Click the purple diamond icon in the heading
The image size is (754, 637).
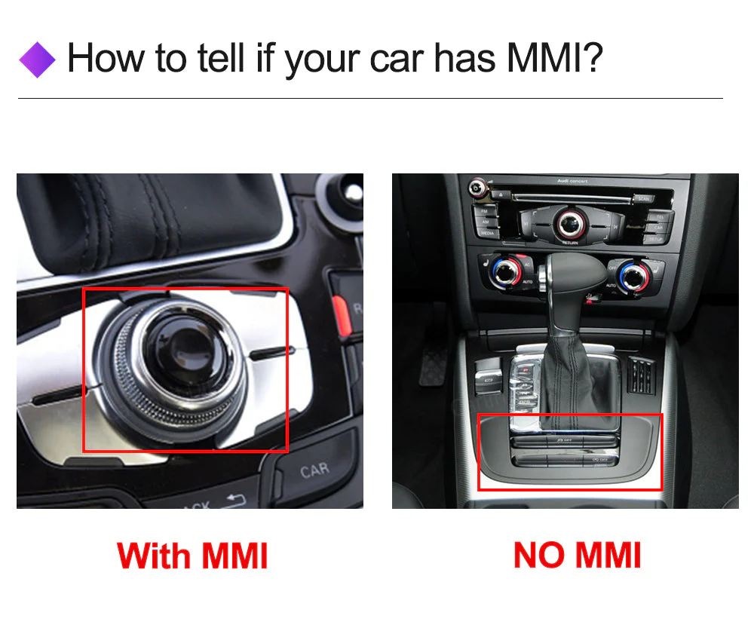coord(37,60)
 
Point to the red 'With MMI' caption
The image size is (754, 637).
coord(192,556)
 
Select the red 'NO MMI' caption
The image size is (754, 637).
coord(577,556)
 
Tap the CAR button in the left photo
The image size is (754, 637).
coord(314,471)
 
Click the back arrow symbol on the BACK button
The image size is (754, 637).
coord(236,498)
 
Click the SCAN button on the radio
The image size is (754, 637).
coord(642,198)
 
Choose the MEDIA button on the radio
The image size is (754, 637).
coord(486,233)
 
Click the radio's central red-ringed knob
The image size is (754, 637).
coord(571,221)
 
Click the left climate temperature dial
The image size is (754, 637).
coord(510,271)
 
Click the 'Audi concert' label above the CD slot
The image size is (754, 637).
coord(572,182)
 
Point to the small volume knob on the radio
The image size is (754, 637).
coord(476,186)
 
